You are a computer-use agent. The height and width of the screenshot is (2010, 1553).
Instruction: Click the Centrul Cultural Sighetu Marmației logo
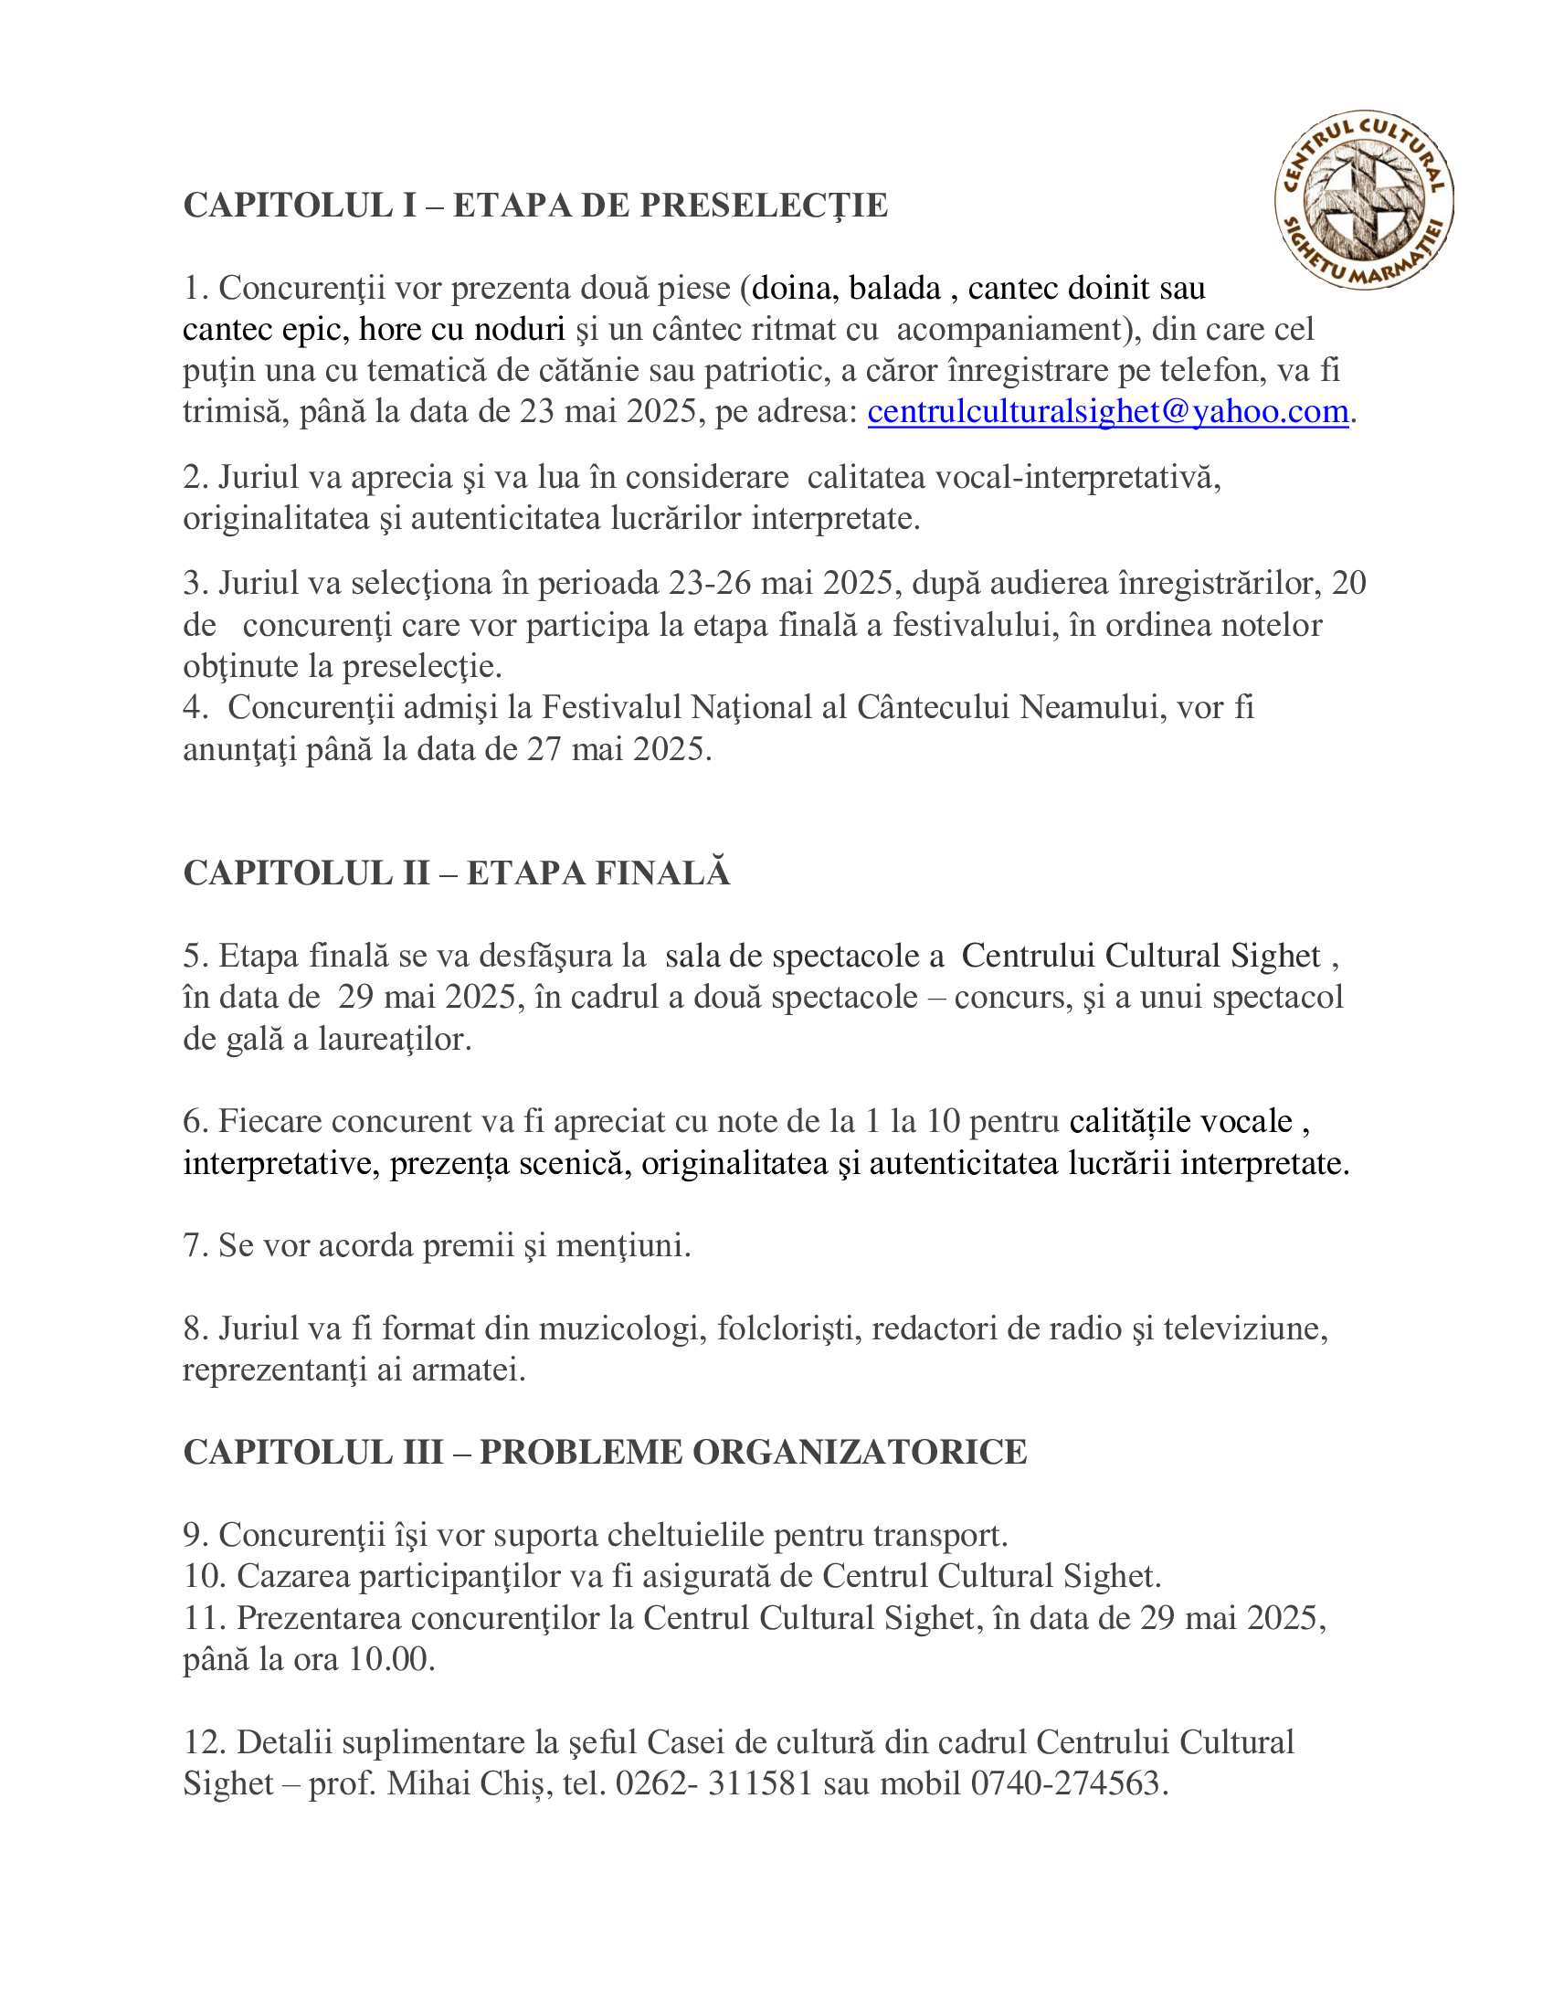(x=1364, y=200)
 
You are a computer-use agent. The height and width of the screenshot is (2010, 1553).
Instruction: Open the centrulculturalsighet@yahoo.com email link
(x=1108, y=411)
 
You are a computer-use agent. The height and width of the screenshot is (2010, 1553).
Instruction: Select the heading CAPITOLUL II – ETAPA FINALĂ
(x=457, y=873)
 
